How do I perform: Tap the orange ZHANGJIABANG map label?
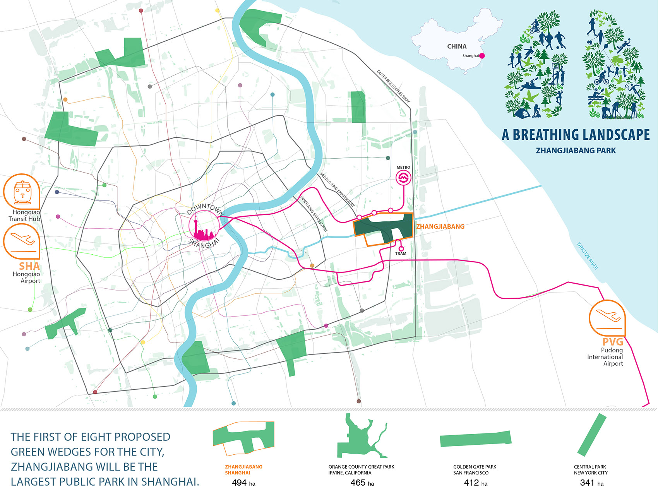tap(440, 226)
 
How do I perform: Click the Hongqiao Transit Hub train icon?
tap(22, 191)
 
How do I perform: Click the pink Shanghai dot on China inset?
tap(482, 56)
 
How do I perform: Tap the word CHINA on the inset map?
tap(457, 46)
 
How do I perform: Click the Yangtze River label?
tap(587, 256)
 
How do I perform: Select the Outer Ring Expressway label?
tap(393, 86)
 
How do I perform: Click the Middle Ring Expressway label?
tap(337, 190)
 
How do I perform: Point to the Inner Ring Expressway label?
tap(314, 214)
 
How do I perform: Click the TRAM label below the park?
tap(401, 253)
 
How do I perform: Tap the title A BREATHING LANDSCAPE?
tap(576, 135)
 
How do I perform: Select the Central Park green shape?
tap(591, 435)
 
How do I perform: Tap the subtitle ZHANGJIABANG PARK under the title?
tap(576, 151)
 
